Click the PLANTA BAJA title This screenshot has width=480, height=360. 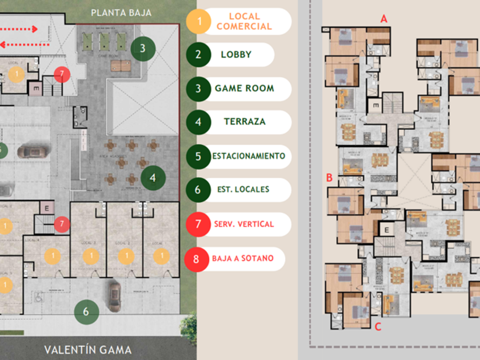(121, 12)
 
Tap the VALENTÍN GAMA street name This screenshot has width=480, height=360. (88, 350)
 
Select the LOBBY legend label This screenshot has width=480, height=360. (236, 55)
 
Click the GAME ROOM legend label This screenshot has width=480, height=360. (244, 89)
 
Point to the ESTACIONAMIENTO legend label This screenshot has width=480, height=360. (248, 155)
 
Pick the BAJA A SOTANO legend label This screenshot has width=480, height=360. (243, 258)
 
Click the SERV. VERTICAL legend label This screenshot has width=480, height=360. (244, 224)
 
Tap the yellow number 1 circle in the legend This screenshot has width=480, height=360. (199, 22)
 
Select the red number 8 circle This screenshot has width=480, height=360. (197, 258)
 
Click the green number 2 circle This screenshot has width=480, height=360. (198, 55)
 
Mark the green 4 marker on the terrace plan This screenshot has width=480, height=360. (153, 178)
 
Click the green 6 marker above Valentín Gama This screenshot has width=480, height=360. (86, 311)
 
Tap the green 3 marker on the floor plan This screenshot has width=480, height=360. (143, 48)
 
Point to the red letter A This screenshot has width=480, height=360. (384, 19)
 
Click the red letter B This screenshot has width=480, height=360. (329, 178)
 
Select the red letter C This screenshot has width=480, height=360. (377, 327)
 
